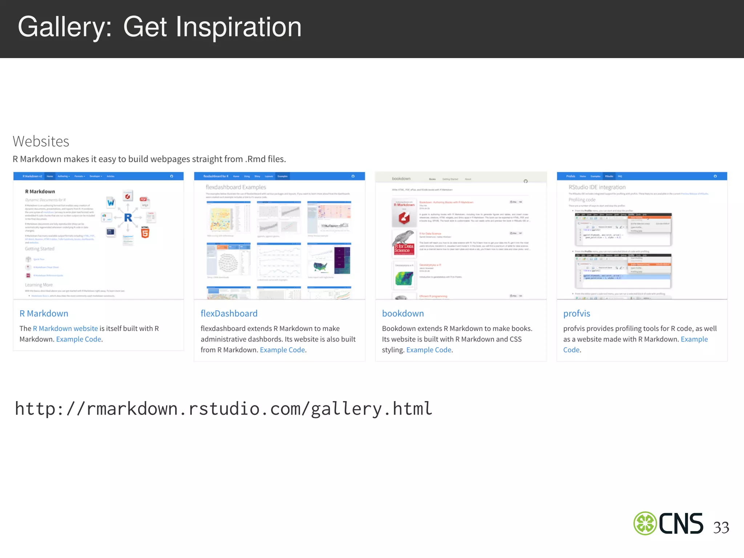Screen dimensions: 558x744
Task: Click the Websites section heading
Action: click(41, 141)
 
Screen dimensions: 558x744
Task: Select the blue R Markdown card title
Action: click(44, 314)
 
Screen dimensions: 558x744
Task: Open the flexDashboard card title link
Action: click(229, 314)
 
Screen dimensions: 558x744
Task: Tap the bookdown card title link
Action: click(403, 314)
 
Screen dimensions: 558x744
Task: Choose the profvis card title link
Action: click(577, 314)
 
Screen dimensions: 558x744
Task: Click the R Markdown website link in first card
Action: click(65, 328)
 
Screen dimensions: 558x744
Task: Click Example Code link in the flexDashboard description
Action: click(282, 350)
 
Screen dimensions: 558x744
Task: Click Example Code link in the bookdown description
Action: click(429, 350)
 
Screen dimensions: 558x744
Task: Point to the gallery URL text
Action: click(223, 409)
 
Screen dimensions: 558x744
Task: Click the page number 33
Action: click(721, 527)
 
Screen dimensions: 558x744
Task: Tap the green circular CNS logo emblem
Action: click(645, 523)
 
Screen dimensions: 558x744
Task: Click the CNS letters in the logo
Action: click(681, 523)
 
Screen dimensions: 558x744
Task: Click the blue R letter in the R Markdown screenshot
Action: click(128, 218)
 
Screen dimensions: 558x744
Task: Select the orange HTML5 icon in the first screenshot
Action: click(145, 232)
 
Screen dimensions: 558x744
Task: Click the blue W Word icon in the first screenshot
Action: click(110, 202)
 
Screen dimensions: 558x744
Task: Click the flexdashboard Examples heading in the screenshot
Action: click(236, 187)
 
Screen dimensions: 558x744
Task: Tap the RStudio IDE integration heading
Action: click(597, 187)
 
